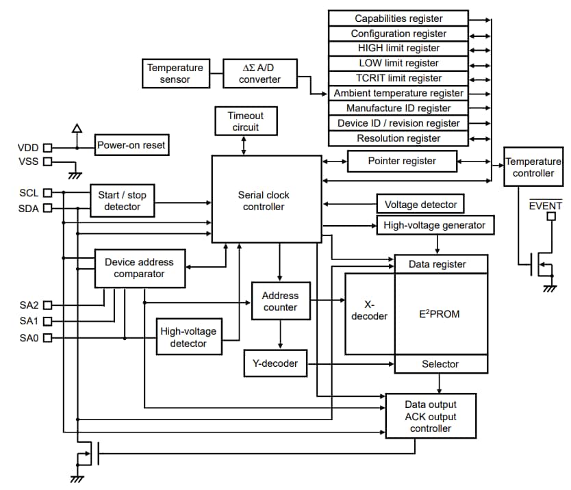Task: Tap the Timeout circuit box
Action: tap(244, 121)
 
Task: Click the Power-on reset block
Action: tap(131, 145)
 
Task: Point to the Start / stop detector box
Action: tap(122, 201)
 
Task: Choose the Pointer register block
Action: tap(402, 161)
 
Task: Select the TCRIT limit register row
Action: tap(398, 78)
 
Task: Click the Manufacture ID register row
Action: tap(398, 108)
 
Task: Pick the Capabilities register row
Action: tap(398, 18)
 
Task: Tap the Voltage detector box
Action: tap(420, 204)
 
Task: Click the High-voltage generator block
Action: tap(435, 225)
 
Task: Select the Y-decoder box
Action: tap(275, 363)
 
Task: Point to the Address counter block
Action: tap(280, 301)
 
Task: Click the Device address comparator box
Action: tap(139, 268)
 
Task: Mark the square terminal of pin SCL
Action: tap(47, 193)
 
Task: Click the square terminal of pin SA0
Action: tap(47, 337)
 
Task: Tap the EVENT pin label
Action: tap(546, 205)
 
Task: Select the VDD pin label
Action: tap(28, 147)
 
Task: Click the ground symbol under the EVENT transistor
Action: tap(549, 288)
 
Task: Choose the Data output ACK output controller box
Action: tap(431, 416)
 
